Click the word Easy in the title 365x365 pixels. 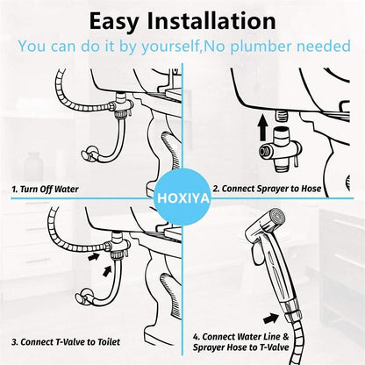[x=114, y=22]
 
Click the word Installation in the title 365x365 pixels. [x=211, y=20]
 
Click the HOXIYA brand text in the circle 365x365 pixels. [x=183, y=198]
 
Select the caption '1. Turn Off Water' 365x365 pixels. [x=45, y=189]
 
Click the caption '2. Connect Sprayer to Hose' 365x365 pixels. [x=267, y=189]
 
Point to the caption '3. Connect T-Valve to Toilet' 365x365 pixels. [x=66, y=342]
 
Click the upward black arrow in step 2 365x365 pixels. [x=263, y=127]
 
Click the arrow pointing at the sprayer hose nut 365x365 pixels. [x=271, y=318]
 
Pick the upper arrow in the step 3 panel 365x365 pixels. [x=94, y=257]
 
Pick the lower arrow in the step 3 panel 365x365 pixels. [x=107, y=270]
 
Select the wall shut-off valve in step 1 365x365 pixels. [x=89, y=154]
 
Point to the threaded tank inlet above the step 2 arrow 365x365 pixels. [x=281, y=115]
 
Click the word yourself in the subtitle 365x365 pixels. [x=171, y=47]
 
